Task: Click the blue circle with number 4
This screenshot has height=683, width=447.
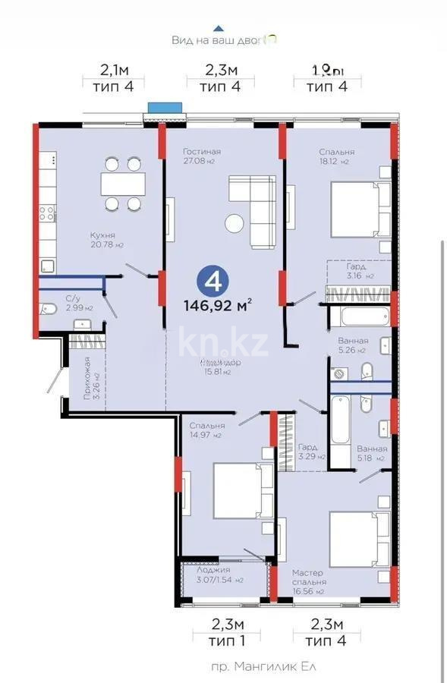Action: click(x=213, y=282)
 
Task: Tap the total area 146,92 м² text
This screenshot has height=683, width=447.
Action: click(x=217, y=306)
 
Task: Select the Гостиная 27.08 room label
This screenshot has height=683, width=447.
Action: click(x=201, y=156)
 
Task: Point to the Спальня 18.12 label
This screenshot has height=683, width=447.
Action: click(x=336, y=156)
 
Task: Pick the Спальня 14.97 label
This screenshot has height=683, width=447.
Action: click(x=206, y=430)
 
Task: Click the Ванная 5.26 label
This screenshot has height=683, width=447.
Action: click(x=353, y=345)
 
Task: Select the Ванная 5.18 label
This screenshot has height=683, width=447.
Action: click(x=371, y=453)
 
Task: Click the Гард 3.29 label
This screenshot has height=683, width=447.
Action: click(x=311, y=452)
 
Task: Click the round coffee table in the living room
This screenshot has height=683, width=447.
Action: click(x=235, y=223)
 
